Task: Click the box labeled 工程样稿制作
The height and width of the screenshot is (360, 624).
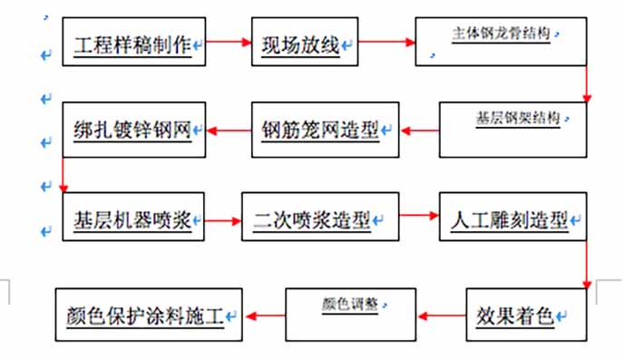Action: [133, 42]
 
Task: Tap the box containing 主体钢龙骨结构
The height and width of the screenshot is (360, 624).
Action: [502, 42]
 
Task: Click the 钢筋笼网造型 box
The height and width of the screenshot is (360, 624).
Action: [325, 131]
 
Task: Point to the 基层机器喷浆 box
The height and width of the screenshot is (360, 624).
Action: [133, 217]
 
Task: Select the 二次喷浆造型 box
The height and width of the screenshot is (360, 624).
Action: [319, 217]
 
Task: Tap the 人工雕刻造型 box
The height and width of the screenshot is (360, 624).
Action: [512, 217]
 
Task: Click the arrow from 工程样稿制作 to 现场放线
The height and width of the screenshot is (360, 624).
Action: [229, 41]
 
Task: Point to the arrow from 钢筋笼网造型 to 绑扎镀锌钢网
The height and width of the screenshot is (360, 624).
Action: [228, 131]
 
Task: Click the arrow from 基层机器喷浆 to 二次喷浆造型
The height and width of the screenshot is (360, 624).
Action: [222, 218]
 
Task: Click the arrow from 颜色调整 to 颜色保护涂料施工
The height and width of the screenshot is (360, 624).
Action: [265, 316]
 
